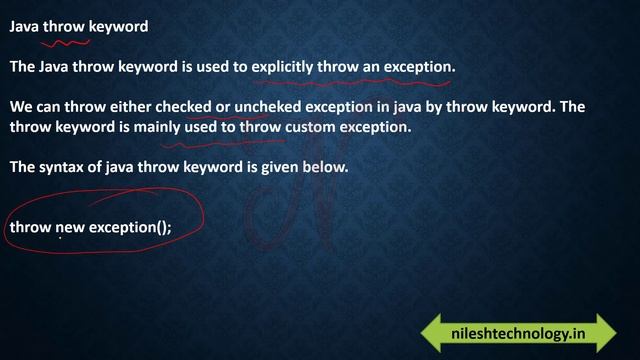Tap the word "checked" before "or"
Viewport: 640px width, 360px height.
[x=183, y=108]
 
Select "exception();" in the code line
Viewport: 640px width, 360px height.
[x=130, y=227]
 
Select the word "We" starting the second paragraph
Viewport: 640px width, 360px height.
[x=21, y=108]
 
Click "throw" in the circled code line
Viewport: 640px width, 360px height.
[x=29, y=227]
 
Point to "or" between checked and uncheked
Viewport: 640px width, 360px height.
[x=223, y=108]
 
